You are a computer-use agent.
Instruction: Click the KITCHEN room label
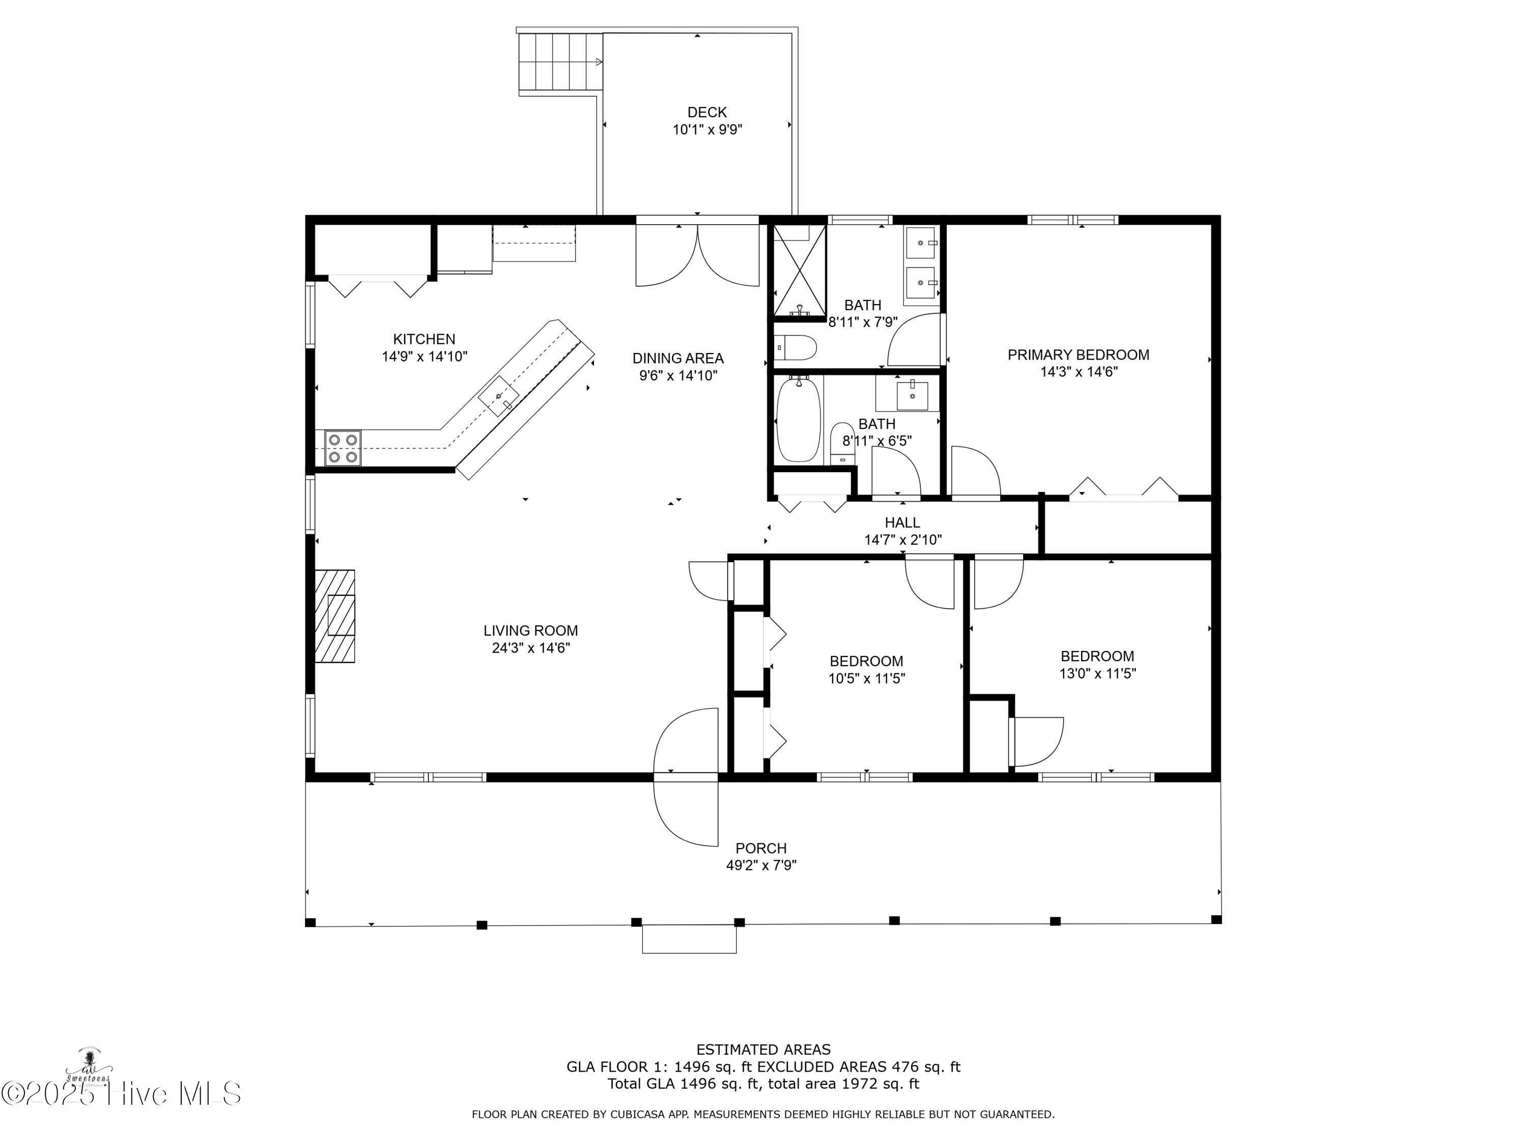coord(424,339)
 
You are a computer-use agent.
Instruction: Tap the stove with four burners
coord(343,448)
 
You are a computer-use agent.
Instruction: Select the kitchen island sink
coord(498,396)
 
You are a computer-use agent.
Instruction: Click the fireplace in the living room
coord(335,616)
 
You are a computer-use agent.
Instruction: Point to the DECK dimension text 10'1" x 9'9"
coord(707,129)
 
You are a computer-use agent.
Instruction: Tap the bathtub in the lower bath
coord(798,421)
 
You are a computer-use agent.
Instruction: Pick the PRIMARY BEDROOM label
coord(1078,355)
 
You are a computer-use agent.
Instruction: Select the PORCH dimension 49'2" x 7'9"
coord(761,865)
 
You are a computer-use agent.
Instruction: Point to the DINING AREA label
coord(678,359)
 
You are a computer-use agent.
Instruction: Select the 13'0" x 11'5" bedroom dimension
coord(1097,673)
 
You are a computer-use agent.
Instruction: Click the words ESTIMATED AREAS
coord(763,1050)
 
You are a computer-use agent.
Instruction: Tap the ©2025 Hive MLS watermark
coord(121,1094)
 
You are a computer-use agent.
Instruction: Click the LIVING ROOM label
coord(530,631)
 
